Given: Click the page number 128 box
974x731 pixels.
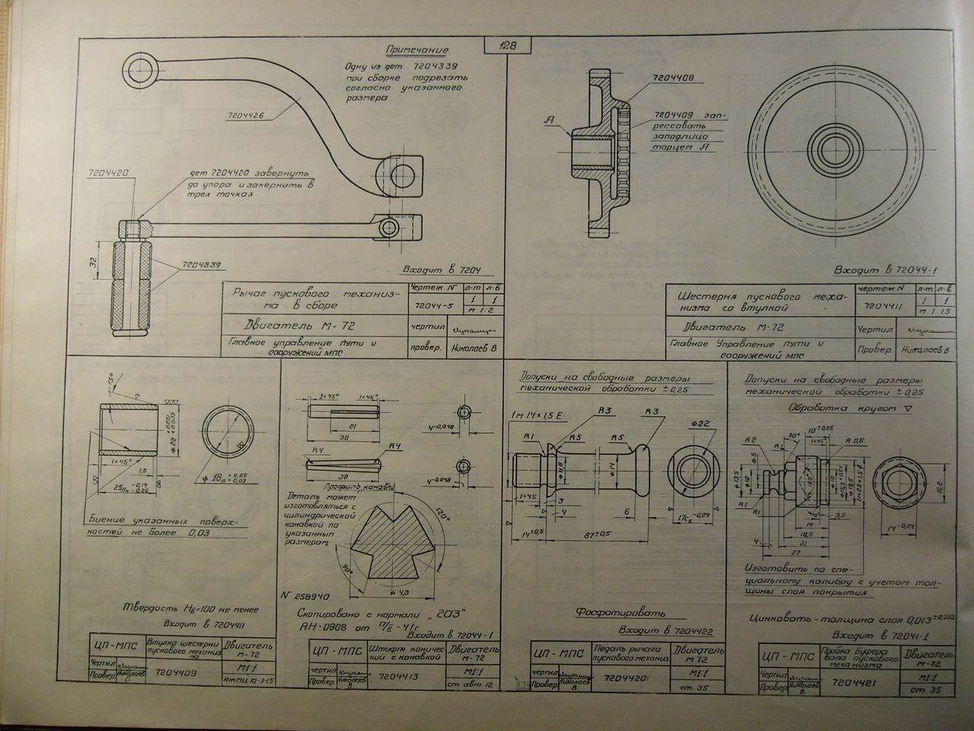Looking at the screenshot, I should tap(505, 46).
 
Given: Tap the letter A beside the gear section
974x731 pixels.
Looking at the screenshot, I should tap(548, 120).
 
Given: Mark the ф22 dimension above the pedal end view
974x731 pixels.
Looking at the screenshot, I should tap(701, 423).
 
